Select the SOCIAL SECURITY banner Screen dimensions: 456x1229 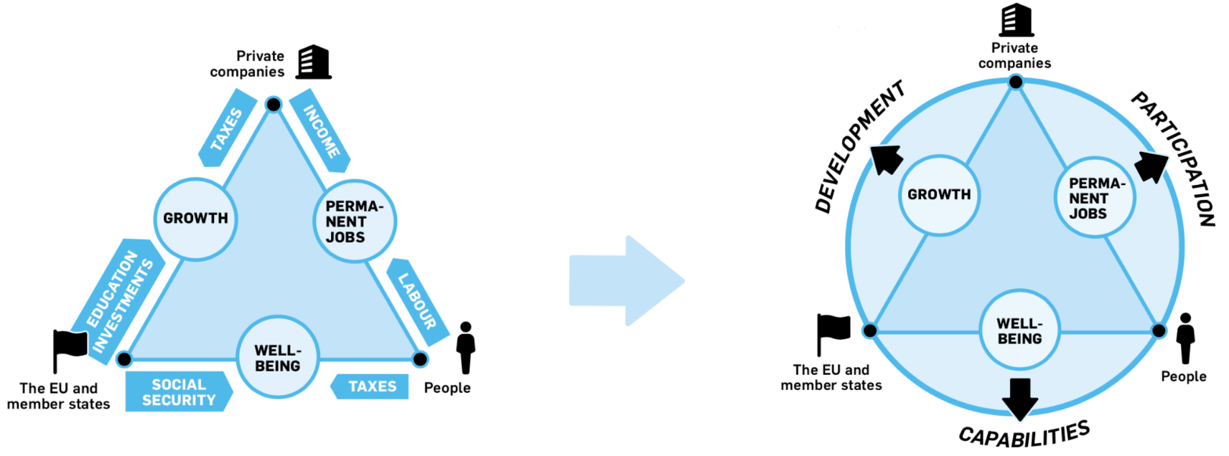coord(179,391)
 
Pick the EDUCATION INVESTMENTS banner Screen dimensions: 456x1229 coord(120,301)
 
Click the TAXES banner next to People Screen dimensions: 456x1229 coord(370,386)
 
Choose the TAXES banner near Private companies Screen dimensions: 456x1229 coord(228,128)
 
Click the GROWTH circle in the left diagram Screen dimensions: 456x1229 coord(195,219)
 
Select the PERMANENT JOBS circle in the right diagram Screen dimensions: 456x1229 coord(1094,198)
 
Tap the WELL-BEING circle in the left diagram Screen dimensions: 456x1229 coord(278,358)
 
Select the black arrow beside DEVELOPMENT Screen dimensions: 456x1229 coord(887,159)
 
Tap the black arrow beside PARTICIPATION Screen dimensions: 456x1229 coord(1151,167)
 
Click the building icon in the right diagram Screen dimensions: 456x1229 coord(1017,20)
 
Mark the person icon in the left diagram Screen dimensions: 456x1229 coord(466,347)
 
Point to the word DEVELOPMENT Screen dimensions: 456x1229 coord(859,147)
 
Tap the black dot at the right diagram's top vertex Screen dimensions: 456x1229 coord(1016,82)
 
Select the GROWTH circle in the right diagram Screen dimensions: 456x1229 coord(939,195)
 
